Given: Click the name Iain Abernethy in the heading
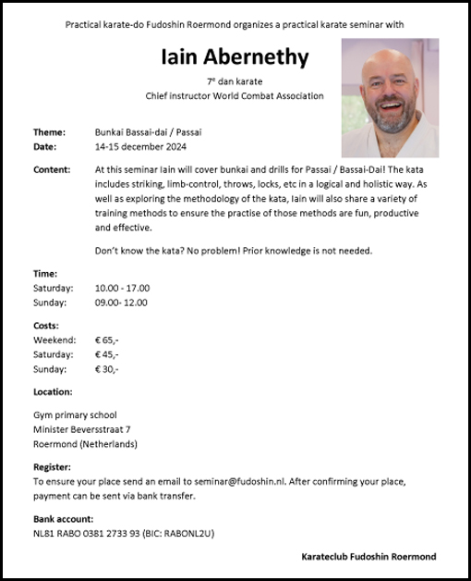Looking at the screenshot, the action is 234,57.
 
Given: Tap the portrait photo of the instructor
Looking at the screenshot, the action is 390,98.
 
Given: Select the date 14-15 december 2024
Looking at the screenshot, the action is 139,146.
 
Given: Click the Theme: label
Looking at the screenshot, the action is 49,132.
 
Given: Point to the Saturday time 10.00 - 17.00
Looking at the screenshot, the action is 122,288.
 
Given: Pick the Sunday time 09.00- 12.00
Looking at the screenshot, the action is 121,302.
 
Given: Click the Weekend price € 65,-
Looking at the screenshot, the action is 106,340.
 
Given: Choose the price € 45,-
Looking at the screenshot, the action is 106,354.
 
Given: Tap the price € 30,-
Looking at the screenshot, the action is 106,368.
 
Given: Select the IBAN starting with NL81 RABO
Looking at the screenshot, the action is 86,534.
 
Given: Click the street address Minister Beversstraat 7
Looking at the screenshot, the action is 81,429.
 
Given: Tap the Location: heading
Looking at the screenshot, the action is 53,392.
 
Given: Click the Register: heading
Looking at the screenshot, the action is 52,467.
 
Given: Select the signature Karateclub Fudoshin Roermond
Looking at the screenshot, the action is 368,556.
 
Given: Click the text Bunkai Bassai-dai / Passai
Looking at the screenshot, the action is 148,132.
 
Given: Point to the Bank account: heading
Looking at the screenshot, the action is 63,519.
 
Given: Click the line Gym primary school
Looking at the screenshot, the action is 75,414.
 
